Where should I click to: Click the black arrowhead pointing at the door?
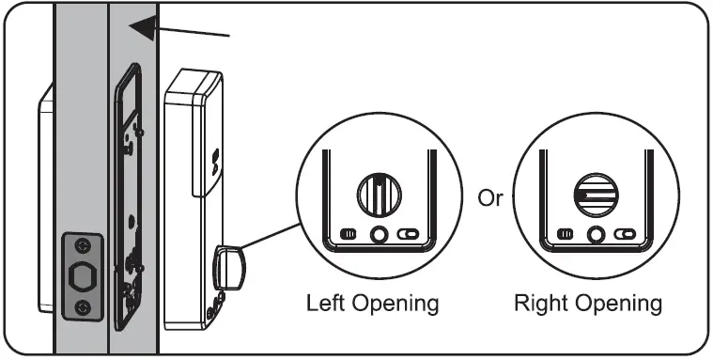[x=141, y=28]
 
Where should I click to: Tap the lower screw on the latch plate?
[x=82, y=307]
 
